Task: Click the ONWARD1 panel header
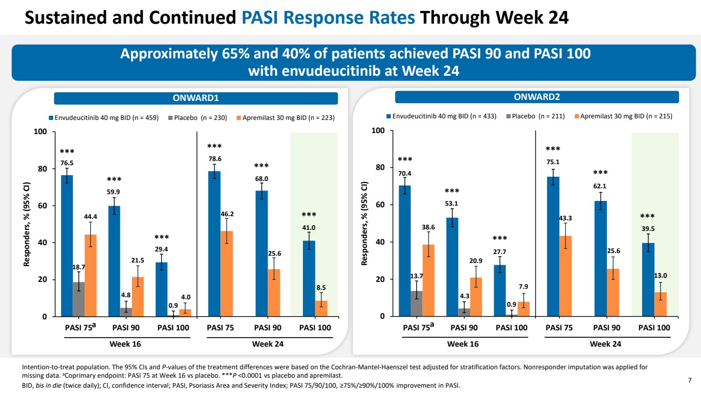pos(196,98)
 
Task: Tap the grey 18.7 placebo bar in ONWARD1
pos(78,299)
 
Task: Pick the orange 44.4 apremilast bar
pos(90,276)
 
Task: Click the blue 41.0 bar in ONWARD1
pos(309,278)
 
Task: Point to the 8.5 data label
pos(321,288)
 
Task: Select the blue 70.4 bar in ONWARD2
pos(404,251)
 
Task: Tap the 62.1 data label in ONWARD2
pos(600,186)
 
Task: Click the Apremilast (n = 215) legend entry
pos(626,116)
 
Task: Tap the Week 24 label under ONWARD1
pos(268,344)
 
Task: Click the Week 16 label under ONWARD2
pos(462,344)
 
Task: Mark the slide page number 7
pos(689,379)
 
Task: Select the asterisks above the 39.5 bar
pos(647,216)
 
